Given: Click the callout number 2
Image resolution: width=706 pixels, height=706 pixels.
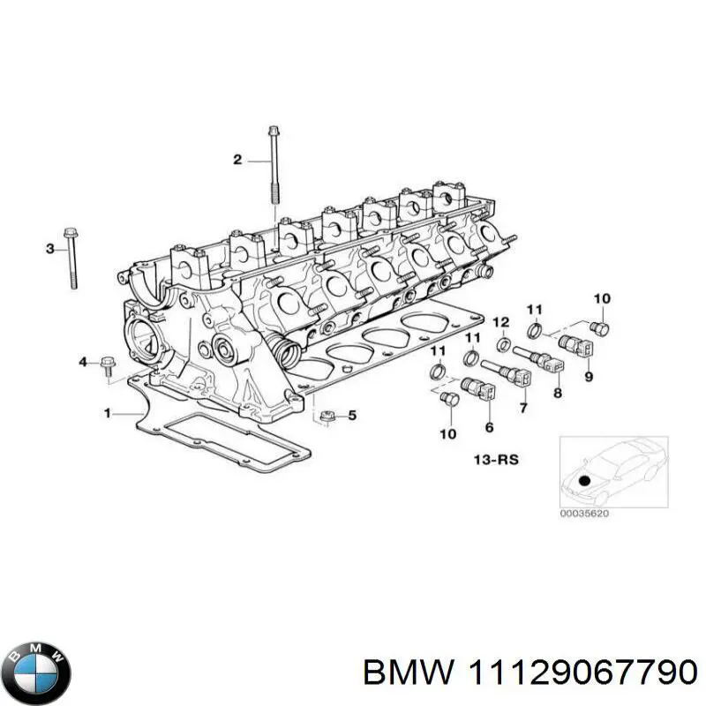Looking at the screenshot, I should pyautogui.click(x=237, y=160).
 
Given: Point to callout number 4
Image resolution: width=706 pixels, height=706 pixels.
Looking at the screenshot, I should pyautogui.click(x=84, y=362).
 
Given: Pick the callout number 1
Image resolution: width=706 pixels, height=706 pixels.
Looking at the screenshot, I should pyautogui.click(x=107, y=412).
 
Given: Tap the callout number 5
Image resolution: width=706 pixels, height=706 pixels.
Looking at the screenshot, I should pyautogui.click(x=352, y=415).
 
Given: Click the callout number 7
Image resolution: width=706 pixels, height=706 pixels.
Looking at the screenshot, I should pyautogui.click(x=523, y=408).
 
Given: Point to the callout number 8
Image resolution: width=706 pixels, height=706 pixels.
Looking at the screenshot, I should pyautogui.click(x=557, y=394).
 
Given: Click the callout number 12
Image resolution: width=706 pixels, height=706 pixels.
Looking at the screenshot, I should pyautogui.click(x=500, y=320).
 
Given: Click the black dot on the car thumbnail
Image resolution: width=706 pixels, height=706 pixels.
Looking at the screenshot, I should pyautogui.click(x=584, y=481).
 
